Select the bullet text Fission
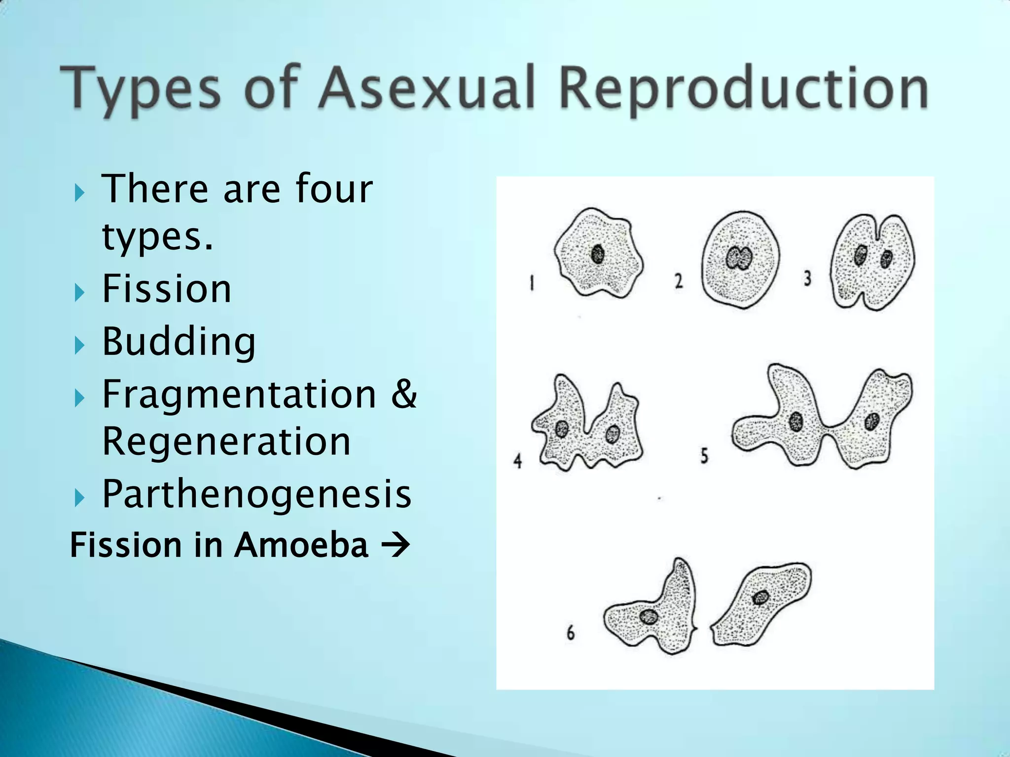click(167, 289)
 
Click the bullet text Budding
click(179, 342)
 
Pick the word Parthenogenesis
click(256, 494)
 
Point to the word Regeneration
click(226, 441)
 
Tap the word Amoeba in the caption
click(301, 545)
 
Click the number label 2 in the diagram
click(679, 281)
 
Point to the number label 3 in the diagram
click(807, 279)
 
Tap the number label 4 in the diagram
click(517, 461)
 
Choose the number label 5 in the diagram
click(704, 456)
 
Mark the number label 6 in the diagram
click(571, 633)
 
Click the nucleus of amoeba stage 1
click(598, 254)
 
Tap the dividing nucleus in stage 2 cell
click(739, 258)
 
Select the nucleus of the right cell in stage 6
click(760, 598)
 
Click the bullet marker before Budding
click(79, 345)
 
